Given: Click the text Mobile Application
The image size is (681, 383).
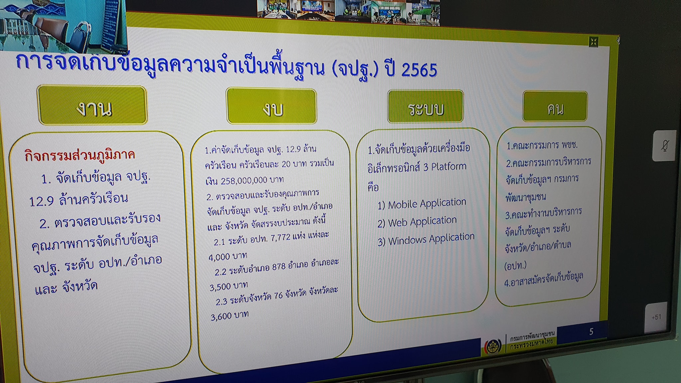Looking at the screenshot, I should tap(427, 203).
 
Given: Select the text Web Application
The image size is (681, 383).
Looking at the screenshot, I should tap(422, 221).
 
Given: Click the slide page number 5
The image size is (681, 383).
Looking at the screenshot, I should tap(591, 331).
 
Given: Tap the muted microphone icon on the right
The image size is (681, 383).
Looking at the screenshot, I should tap(665, 146).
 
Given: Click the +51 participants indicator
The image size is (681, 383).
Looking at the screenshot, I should tap(656, 317).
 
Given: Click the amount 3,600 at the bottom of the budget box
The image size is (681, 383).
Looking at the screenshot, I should tap(221, 317).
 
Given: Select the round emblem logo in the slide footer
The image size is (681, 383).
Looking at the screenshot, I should tap(492, 346).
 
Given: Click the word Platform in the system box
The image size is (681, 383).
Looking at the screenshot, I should tap(449, 166).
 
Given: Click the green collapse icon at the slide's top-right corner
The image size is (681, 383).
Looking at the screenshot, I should tap(594, 42).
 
